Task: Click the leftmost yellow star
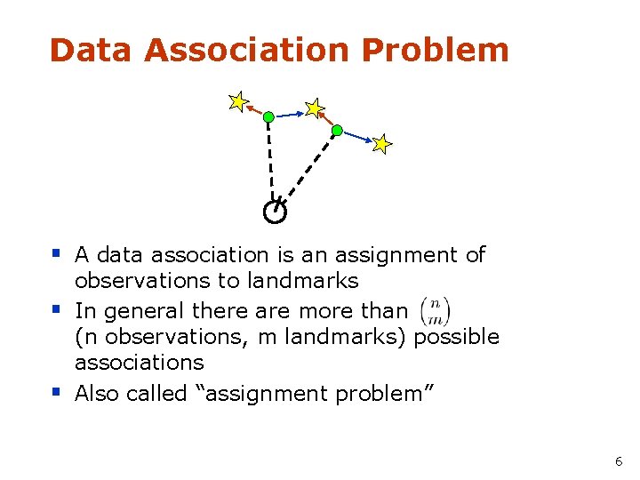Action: [237, 102]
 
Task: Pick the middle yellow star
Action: [313, 108]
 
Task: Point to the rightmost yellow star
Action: [381, 143]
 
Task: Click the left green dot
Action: [268, 116]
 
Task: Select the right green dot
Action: [337, 131]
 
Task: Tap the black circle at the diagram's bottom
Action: [275, 212]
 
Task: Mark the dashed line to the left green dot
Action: [270, 160]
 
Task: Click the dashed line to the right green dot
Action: [308, 170]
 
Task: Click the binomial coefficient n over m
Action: [436, 310]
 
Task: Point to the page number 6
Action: [619, 461]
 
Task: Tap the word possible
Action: [457, 337]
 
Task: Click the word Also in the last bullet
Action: [100, 393]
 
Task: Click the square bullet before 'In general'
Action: [55, 308]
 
